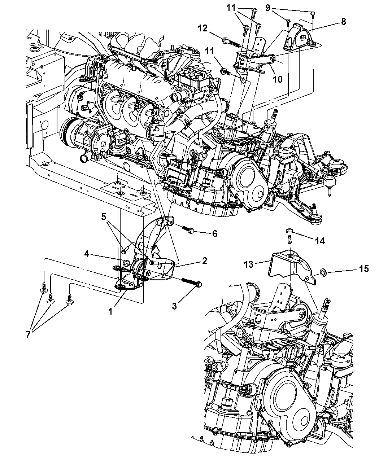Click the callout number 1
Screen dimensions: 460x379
[x=110, y=311]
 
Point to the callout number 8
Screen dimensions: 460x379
[x=343, y=22]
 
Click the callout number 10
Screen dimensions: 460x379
[x=278, y=79]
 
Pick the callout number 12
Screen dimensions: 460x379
[x=203, y=29]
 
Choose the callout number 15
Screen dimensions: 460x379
[x=363, y=268]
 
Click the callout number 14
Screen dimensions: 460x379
[x=320, y=241]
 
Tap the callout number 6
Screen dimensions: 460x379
[x=214, y=234]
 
